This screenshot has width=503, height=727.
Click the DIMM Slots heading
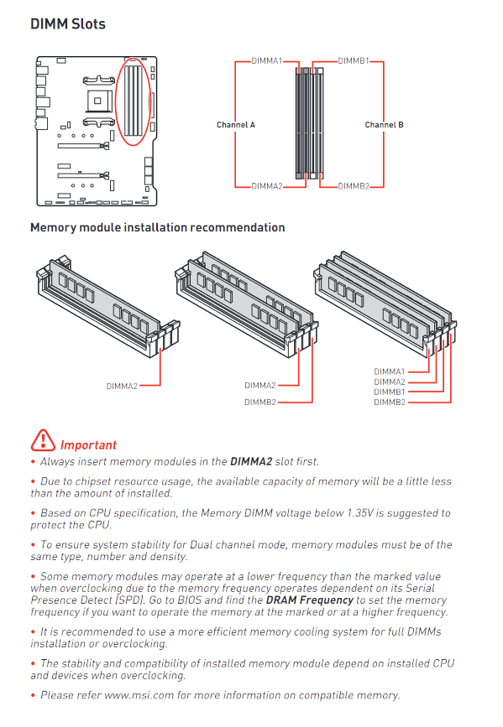68,24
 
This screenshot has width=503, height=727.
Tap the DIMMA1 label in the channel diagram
266,60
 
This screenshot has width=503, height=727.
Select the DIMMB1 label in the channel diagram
353,60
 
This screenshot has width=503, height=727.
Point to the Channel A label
236,125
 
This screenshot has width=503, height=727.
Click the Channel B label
384,125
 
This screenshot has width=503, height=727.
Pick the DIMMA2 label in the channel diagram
266,186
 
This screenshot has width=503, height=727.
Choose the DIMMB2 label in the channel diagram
354,186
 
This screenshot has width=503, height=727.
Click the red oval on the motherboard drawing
116,102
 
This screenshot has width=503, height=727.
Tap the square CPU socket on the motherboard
97,101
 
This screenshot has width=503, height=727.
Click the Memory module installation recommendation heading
157,227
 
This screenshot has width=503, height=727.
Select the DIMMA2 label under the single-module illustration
122,387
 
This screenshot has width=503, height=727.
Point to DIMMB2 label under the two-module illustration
260,402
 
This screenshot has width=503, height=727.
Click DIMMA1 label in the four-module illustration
389,371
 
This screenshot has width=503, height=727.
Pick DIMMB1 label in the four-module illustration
389,392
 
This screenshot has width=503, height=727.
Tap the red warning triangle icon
43,440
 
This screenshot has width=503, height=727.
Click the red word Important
88,445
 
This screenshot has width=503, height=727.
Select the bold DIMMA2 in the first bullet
251,462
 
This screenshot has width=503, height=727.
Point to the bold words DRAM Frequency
310,600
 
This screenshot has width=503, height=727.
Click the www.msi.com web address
139,695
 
